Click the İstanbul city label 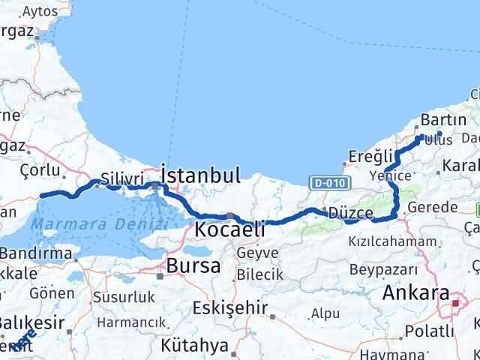click(x=202, y=175)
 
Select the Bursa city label click(x=193, y=265)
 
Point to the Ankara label click(x=415, y=293)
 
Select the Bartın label click(x=443, y=119)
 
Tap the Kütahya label click(x=194, y=346)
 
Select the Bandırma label click(x=37, y=253)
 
